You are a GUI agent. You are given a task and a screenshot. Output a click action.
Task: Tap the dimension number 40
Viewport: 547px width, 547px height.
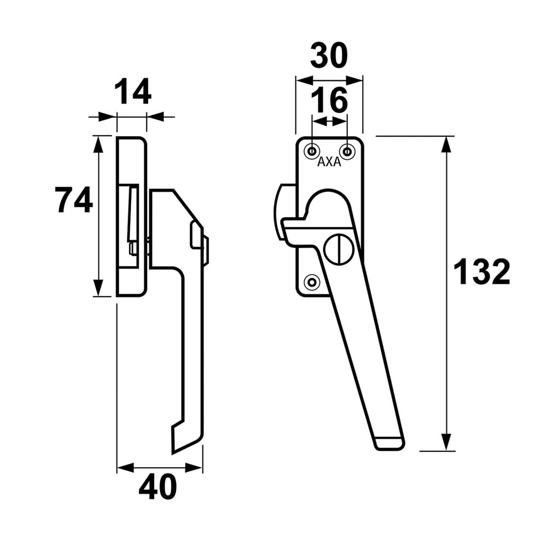click(x=158, y=486)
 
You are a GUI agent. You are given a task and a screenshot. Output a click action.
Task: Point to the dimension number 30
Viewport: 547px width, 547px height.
click(x=329, y=55)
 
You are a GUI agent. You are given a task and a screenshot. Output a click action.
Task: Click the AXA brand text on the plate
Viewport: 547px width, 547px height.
click(x=329, y=162)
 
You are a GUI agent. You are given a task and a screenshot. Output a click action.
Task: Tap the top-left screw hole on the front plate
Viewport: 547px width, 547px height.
click(x=312, y=150)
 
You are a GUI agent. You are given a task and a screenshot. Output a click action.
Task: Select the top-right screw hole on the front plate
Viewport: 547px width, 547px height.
click(x=346, y=150)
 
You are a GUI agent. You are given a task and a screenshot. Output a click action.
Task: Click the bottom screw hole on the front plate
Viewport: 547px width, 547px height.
click(x=312, y=282)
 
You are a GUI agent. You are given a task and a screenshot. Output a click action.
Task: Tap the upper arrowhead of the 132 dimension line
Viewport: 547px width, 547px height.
click(x=447, y=144)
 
